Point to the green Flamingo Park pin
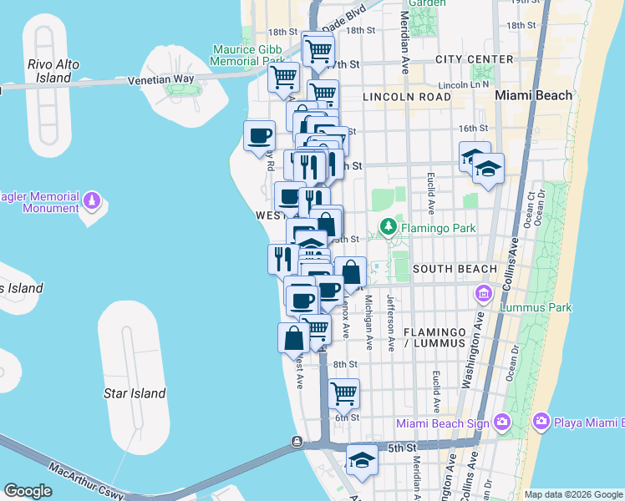point(388,226)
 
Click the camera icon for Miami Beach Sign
point(501,423)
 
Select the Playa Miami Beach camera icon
point(541,423)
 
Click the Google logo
point(28,491)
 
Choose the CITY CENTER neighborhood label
point(474,59)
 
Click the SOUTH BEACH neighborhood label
point(455,268)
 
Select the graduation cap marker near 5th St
point(362,460)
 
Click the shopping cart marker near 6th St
point(343,392)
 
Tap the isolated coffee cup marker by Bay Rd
point(259,134)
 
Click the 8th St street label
point(345,364)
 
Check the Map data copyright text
point(573,494)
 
